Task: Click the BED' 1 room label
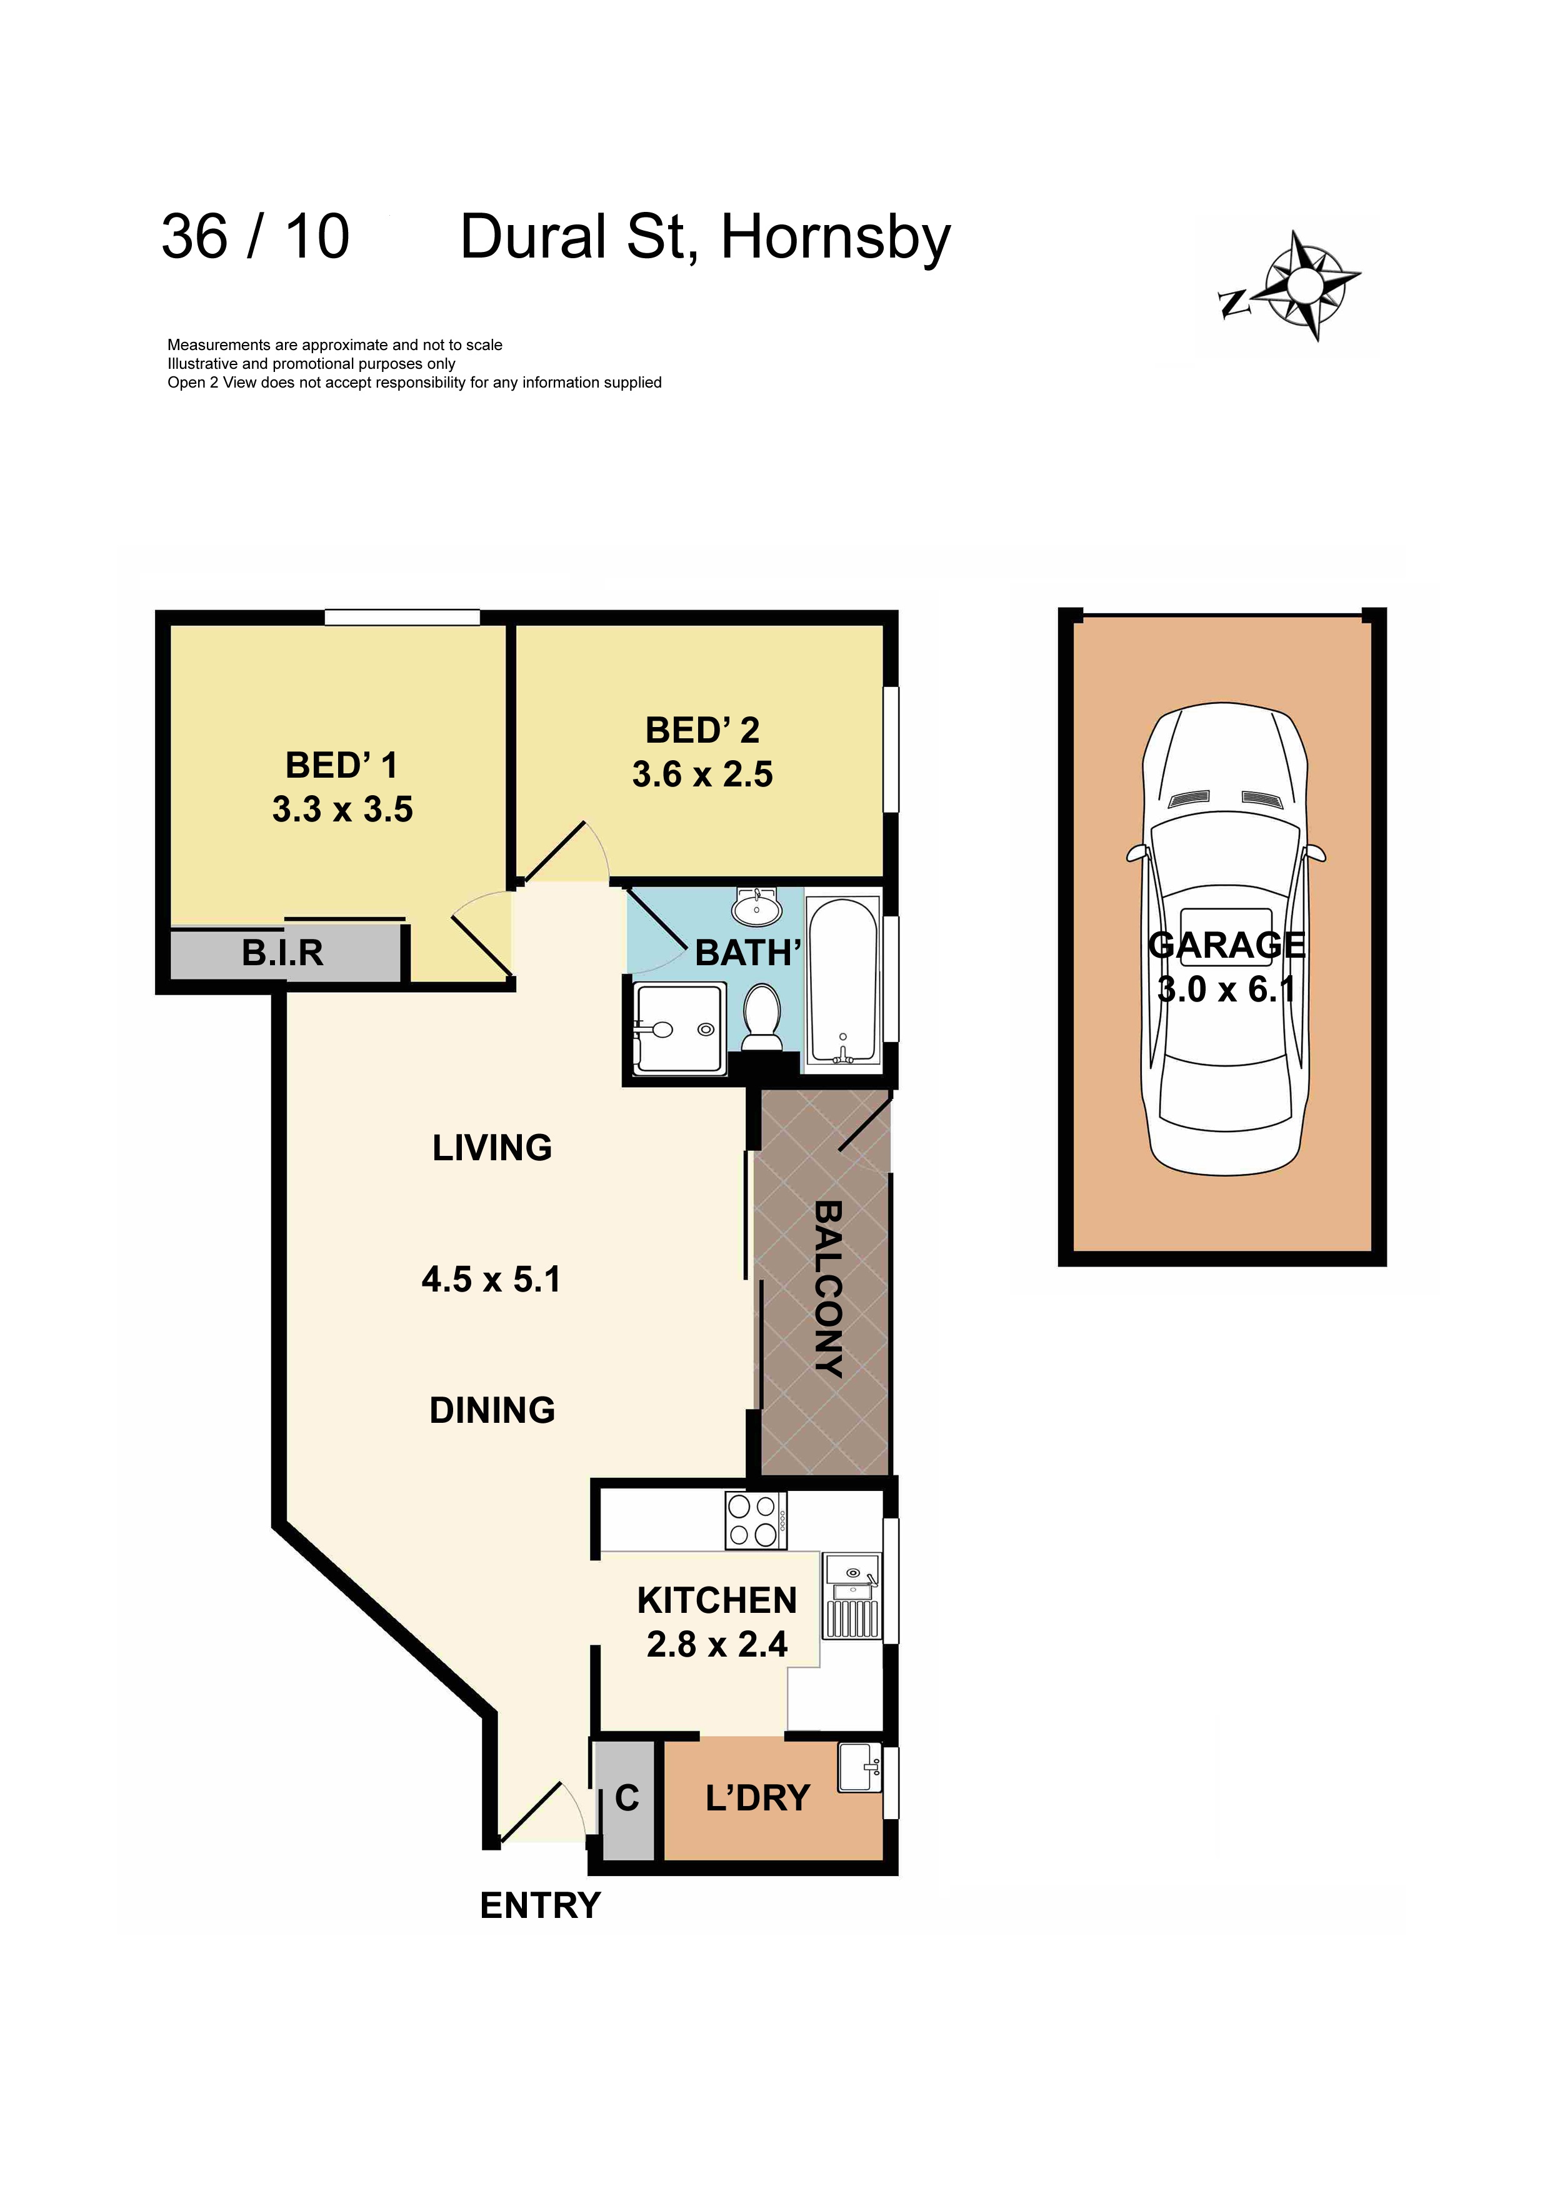click(x=341, y=765)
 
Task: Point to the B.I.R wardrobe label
click(x=282, y=952)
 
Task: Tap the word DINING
click(x=492, y=1410)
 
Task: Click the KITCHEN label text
click(x=716, y=1600)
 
